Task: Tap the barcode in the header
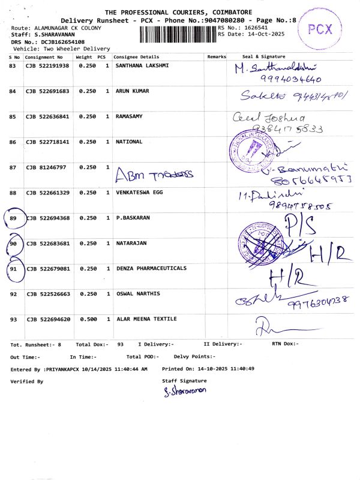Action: pyautogui.click(x=178, y=34)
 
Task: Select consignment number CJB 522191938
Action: pyautogui.click(x=47, y=65)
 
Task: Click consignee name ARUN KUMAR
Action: pyautogui.click(x=132, y=91)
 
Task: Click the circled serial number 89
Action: pyautogui.click(x=13, y=218)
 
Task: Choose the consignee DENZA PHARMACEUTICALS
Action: pyautogui.click(x=151, y=269)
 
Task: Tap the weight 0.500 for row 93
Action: pyautogui.click(x=88, y=319)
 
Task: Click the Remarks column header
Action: pyautogui.click(x=217, y=56)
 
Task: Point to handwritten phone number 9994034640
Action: pyautogui.click(x=290, y=79)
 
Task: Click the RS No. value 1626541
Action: pyautogui.click(x=254, y=28)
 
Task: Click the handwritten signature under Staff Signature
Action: pyautogui.click(x=185, y=391)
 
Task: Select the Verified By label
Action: pyautogui.click(x=27, y=382)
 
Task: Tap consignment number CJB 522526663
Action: pyautogui.click(x=47, y=295)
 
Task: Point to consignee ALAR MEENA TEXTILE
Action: pyautogui.click(x=143, y=319)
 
